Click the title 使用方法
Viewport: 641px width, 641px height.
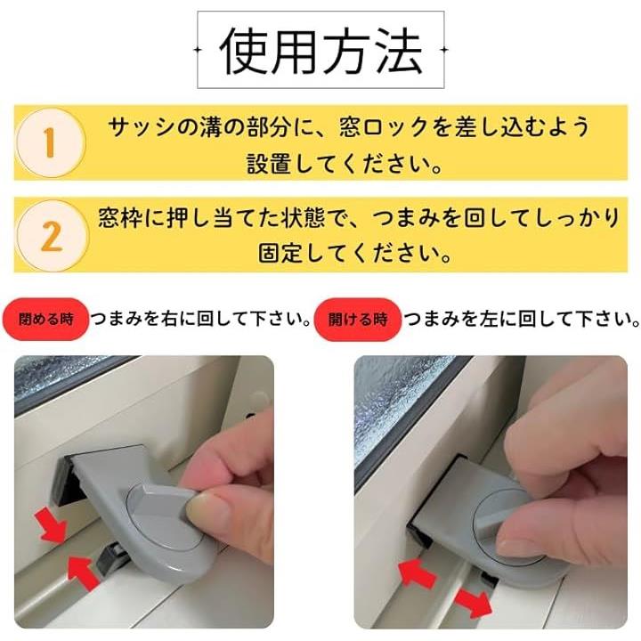point(320,51)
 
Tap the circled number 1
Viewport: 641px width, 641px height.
point(50,142)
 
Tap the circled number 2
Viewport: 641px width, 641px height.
point(52,236)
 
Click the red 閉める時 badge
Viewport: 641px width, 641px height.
point(45,319)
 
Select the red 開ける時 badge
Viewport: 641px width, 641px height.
point(358,320)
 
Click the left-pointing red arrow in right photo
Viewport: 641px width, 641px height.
point(417,573)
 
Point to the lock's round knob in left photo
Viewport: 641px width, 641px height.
point(164,517)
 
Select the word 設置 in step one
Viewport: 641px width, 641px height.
point(269,165)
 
